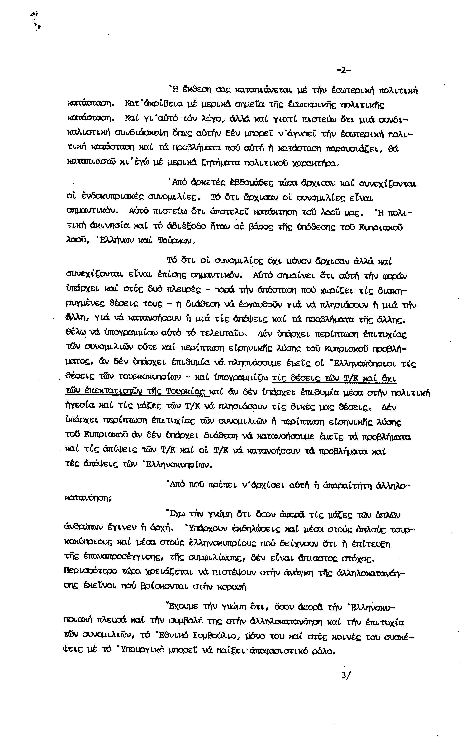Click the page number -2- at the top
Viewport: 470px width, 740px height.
(344, 70)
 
